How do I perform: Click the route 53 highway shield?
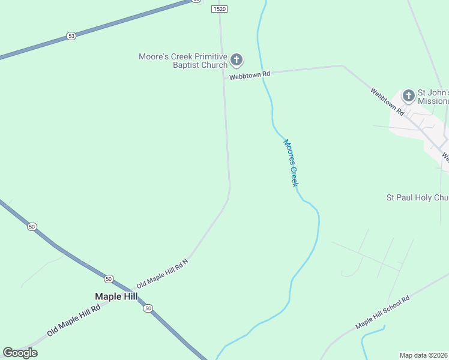pyautogui.click(x=71, y=36)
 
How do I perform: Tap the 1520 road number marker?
pyautogui.click(x=220, y=10)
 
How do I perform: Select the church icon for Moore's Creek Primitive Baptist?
pyautogui.click(x=237, y=60)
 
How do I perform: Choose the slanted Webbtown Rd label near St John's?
pyautogui.click(x=386, y=101)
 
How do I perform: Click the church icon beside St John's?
pyautogui.click(x=408, y=96)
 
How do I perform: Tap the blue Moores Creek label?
pyautogui.click(x=291, y=163)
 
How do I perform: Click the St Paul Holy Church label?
pyautogui.click(x=417, y=197)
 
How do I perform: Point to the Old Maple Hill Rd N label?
pyautogui.click(x=162, y=274)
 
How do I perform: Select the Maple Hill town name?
pyautogui.click(x=116, y=296)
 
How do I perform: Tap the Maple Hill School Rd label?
pyautogui.click(x=382, y=312)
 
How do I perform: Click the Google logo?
pyautogui.click(x=20, y=353)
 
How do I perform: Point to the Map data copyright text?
pyautogui.click(x=424, y=355)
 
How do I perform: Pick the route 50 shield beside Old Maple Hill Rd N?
pyautogui.click(x=108, y=279)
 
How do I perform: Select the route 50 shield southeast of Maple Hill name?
pyautogui.click(x=148, y=308)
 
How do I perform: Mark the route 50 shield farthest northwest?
pyautogui.click(x=32, y=227)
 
